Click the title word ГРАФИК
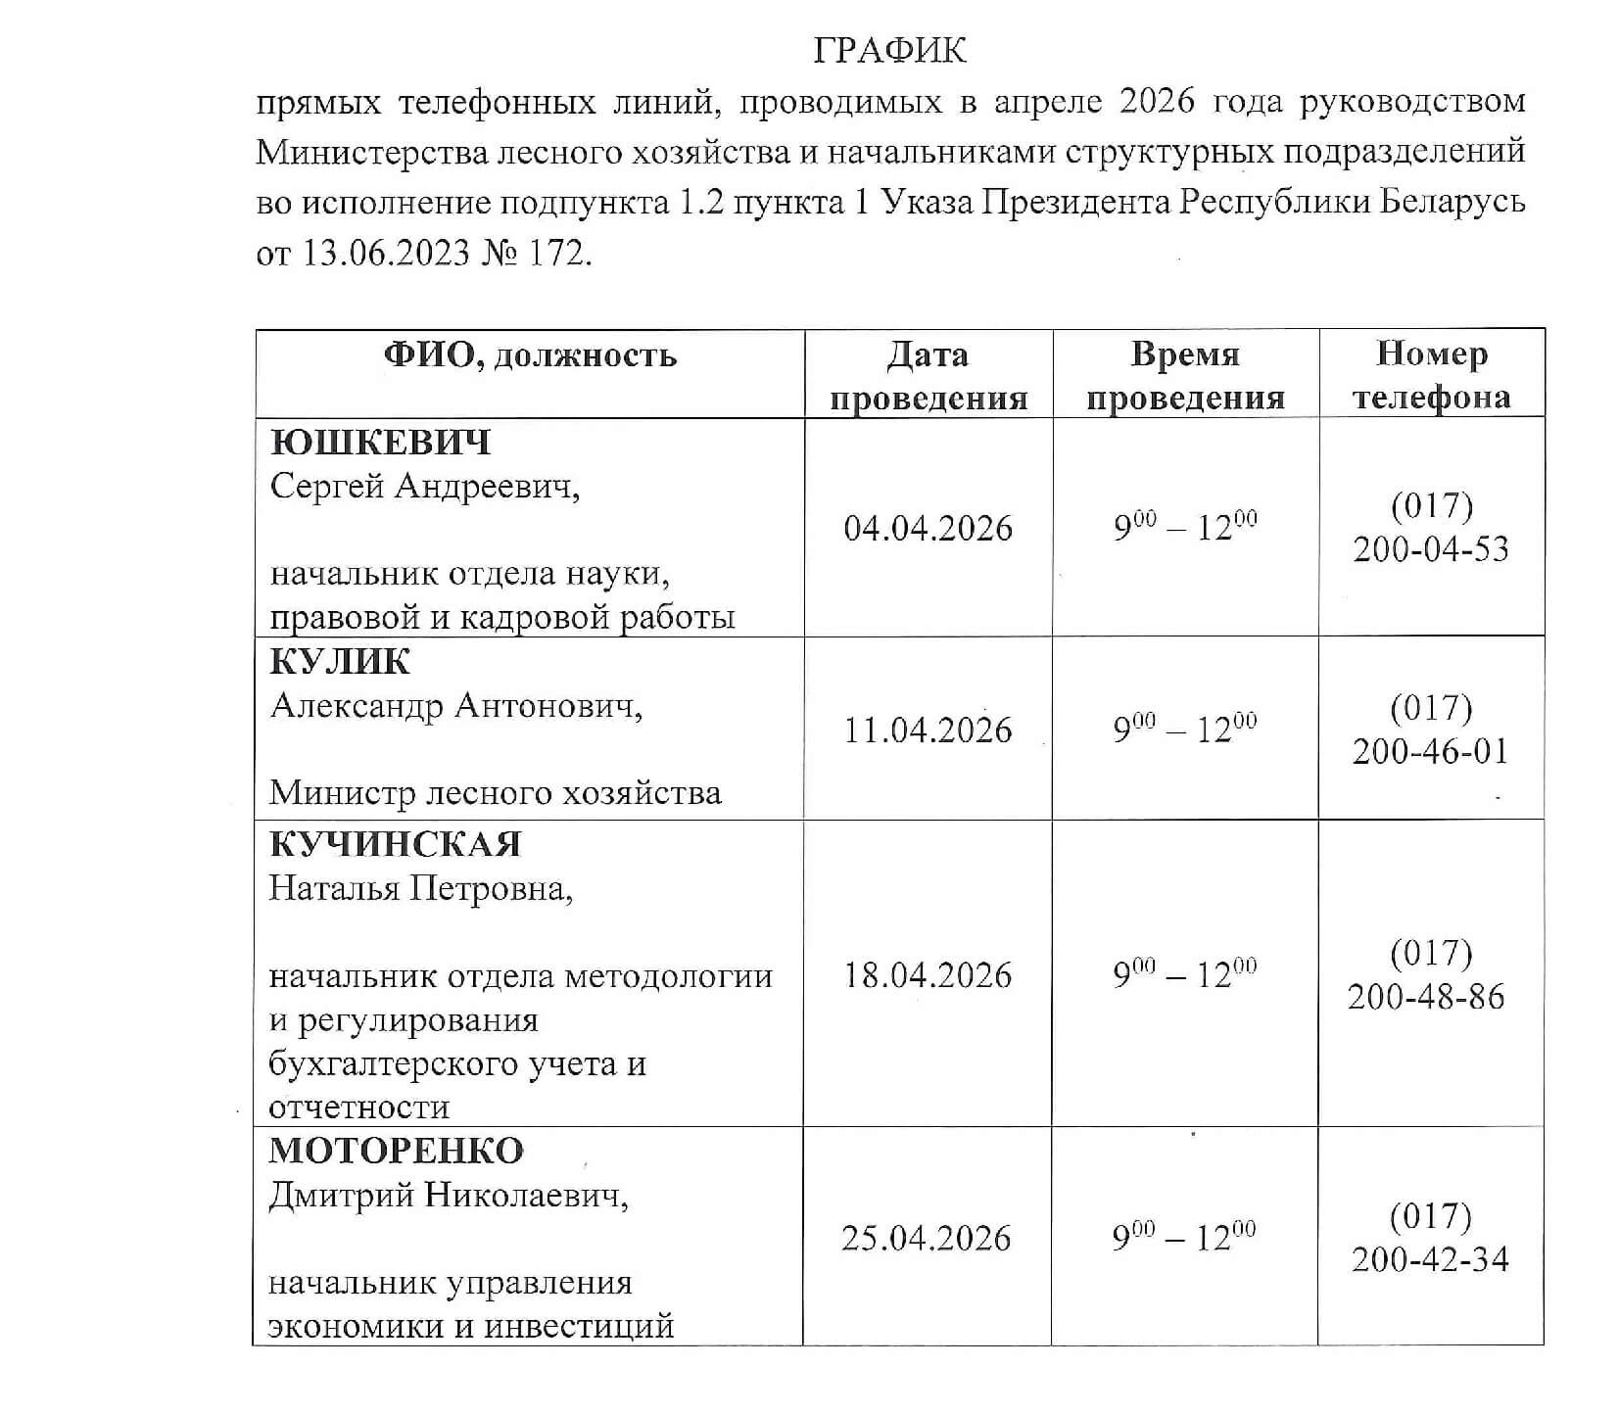(888, 50)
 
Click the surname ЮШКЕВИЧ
(380, 443)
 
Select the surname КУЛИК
(339, 662)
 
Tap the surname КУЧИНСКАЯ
(395, 844)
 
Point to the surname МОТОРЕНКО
(396, 1150)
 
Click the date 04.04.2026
(928, 529)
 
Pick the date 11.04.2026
(928, 731)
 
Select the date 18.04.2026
(928, 975)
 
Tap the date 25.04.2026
(926, 1239)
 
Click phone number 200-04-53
(1431, 549)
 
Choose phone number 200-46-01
(1430, 752)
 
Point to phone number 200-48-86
(1425, 997)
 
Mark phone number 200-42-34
(1430, 1259)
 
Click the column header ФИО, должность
(529, 354)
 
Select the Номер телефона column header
(1431, 375)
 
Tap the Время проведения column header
(1185, 375)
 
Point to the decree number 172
(560, 254)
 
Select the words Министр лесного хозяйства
(495, 792)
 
